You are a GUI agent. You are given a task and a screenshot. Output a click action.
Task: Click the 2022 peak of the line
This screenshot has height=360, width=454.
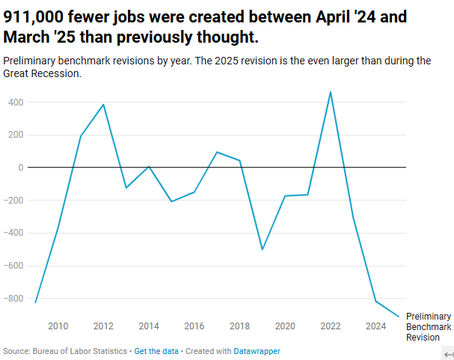tap(331, 92)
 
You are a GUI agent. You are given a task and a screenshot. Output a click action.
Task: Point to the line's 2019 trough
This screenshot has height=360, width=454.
tap(263, 249)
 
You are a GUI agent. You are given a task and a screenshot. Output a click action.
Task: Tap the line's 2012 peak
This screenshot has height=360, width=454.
tap(103, 104)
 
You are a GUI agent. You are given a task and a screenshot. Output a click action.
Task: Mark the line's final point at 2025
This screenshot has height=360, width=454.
tap(399, 317)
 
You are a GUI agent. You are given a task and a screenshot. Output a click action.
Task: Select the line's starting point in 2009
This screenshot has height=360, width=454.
tap(35, 302)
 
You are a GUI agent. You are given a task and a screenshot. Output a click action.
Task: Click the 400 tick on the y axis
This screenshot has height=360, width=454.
tap(16, 102)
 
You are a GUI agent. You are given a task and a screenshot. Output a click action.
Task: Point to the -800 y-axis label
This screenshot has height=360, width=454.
tap(13, 299)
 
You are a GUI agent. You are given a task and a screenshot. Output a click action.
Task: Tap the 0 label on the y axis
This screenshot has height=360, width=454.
tap(22, 168)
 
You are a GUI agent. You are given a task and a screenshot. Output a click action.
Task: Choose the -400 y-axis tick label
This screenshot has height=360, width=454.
tap(13, 233)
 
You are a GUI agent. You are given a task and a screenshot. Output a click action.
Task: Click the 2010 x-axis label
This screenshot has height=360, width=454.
tap(58, 326)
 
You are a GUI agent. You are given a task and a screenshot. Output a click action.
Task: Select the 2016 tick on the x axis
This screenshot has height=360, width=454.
tap(194, 326)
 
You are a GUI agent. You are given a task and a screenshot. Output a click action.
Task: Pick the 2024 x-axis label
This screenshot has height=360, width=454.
tap(375, 326)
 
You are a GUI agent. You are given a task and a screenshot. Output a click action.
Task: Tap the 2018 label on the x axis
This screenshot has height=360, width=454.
tap(239, 326)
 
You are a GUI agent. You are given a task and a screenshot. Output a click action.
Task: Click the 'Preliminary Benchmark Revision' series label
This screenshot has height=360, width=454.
tap(428, 327)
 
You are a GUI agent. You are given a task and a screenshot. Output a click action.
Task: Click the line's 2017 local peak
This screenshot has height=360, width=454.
tap(217, 152)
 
